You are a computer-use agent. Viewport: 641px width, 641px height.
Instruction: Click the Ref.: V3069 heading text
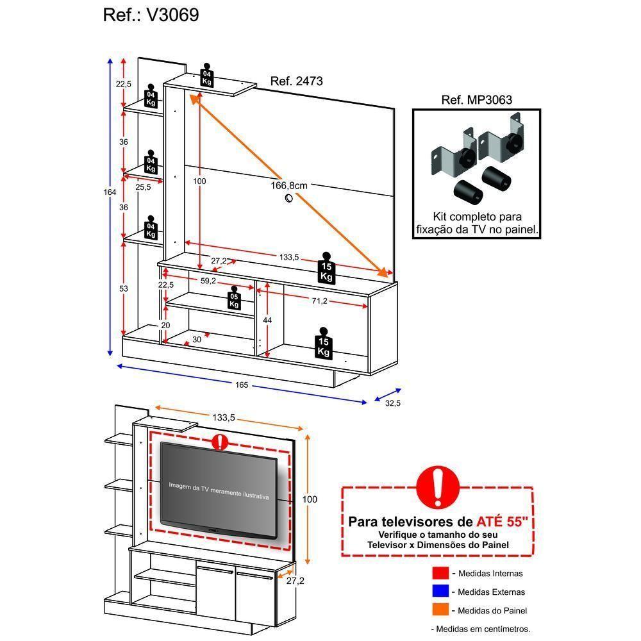[151, 15]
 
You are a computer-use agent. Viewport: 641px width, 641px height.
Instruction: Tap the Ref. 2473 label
[296, 81]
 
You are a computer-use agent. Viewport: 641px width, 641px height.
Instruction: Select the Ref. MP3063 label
[476, 100]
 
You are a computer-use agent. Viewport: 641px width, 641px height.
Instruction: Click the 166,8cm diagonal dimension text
[289, 185]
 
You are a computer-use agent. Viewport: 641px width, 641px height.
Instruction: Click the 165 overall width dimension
[241, 385]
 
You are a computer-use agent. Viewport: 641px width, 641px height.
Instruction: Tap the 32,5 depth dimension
[392, 403]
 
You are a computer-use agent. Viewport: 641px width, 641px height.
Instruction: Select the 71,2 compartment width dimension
[320, 301]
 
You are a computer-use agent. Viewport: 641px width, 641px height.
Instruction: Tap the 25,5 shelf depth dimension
[143, 187]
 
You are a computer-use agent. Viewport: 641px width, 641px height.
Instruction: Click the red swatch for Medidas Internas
[440, 573]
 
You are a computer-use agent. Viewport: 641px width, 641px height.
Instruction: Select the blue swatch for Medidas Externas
[440, 592]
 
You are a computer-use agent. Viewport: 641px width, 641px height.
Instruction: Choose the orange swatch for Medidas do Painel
[440, 610]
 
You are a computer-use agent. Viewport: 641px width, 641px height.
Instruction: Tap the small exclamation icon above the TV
[220, 442]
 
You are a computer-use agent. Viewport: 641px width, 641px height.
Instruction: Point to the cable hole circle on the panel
[288, 199]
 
